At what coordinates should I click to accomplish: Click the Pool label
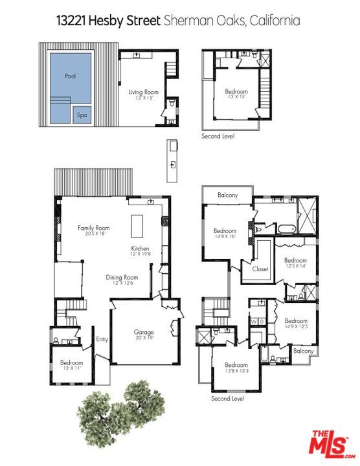[x=71, y=76]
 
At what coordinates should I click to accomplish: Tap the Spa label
[x=82, y=115]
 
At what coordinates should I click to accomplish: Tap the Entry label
[x=102, y=339]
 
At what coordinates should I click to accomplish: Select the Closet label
[x=260, y=269]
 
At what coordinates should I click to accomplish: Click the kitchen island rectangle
[x=139, y=227]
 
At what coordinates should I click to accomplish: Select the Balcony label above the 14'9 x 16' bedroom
[x=227, y=195]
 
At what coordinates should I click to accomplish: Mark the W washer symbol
[x=254, y=321]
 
